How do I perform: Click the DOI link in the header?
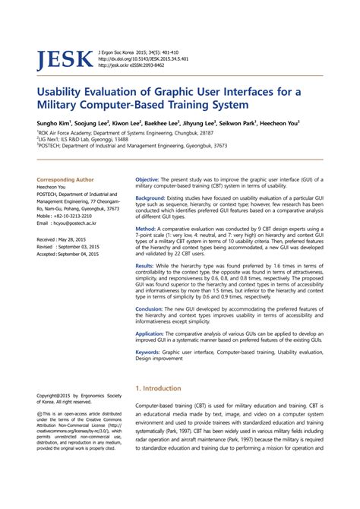tap(144, 58)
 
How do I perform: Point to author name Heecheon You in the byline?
tap(280, 122)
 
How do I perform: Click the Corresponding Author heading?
tap(66, 179)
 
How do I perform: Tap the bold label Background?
tap(150, 198)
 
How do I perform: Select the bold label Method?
tap(145, 229)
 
